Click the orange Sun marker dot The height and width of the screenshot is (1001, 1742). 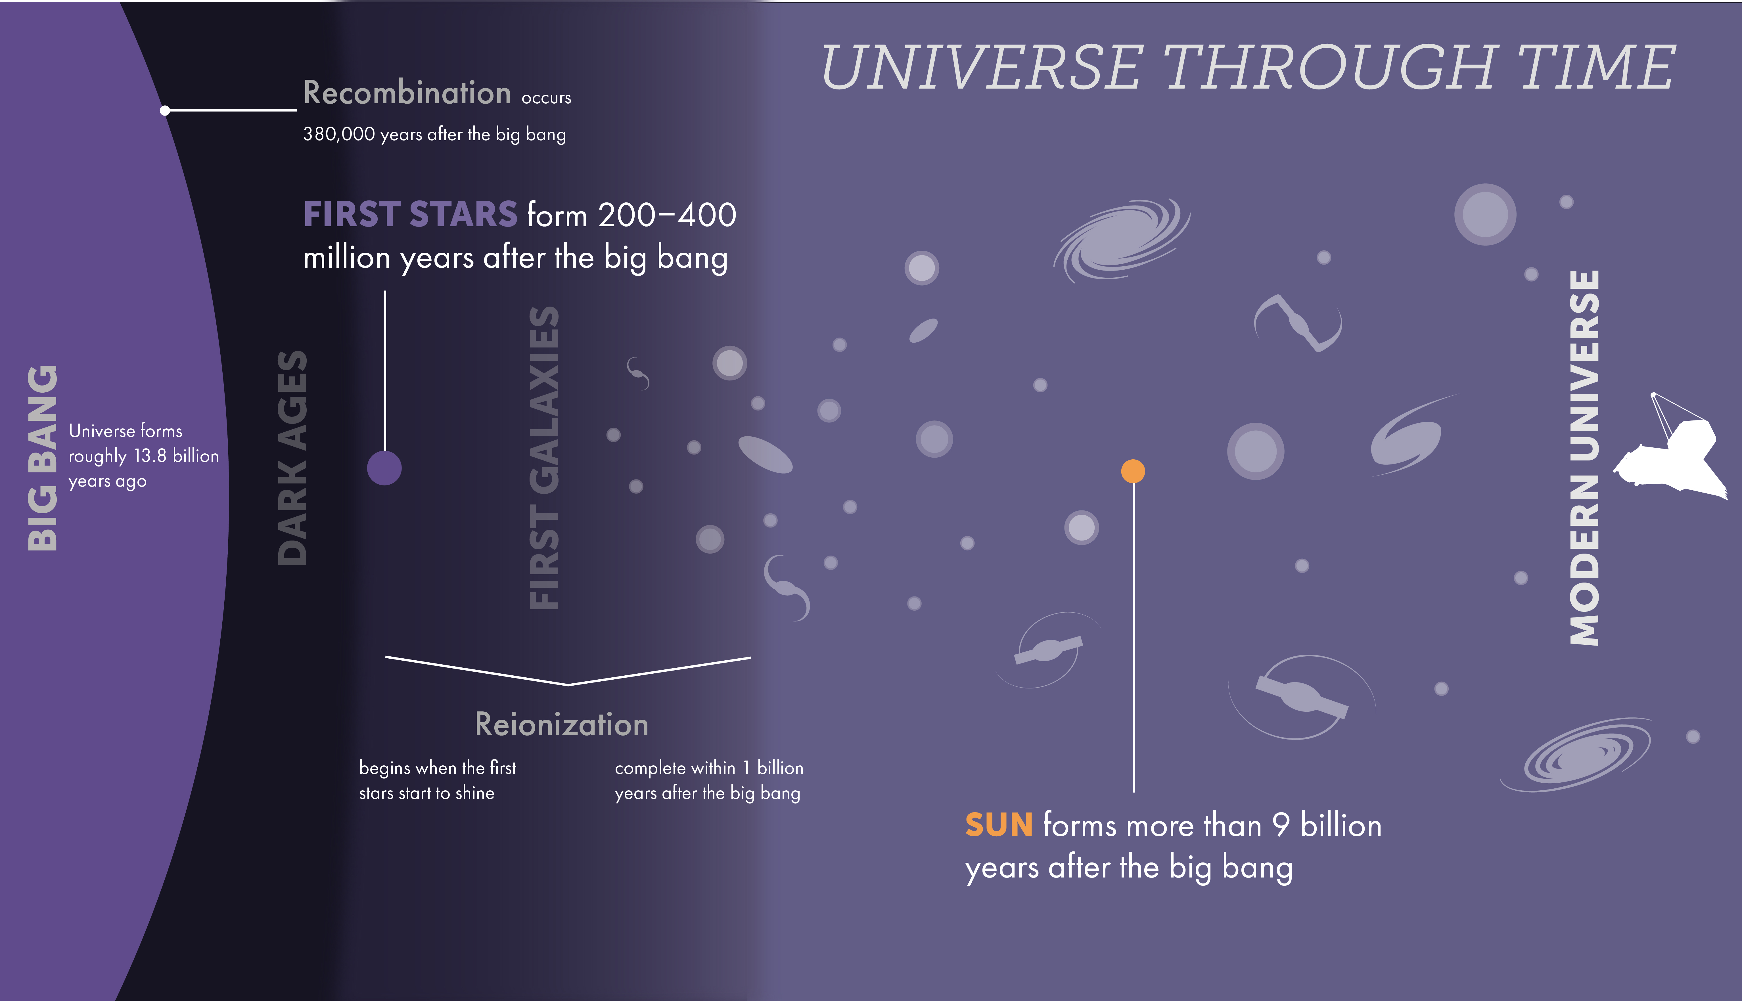pyautogui.click(x=1133, y=471)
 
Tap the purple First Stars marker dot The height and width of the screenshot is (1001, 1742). pyautogui.click(x=384, y=468)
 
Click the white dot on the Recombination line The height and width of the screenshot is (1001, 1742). pyautogui.click(x=165, y=110)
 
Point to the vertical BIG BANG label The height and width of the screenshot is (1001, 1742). pyautogui.click(x=43, y=458)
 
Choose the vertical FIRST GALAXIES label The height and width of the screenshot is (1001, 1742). pyautogui.click(x=544, y=458)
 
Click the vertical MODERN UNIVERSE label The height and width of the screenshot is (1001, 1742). pyautogui.click(x=1585, y=458)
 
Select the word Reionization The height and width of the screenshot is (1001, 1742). pyautogui.click(x=562, y=724)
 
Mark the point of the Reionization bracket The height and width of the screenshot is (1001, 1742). pyautogui.click(x=568, y=685)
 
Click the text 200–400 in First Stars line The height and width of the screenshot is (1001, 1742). pyautogui.click(x=667, y=215)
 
